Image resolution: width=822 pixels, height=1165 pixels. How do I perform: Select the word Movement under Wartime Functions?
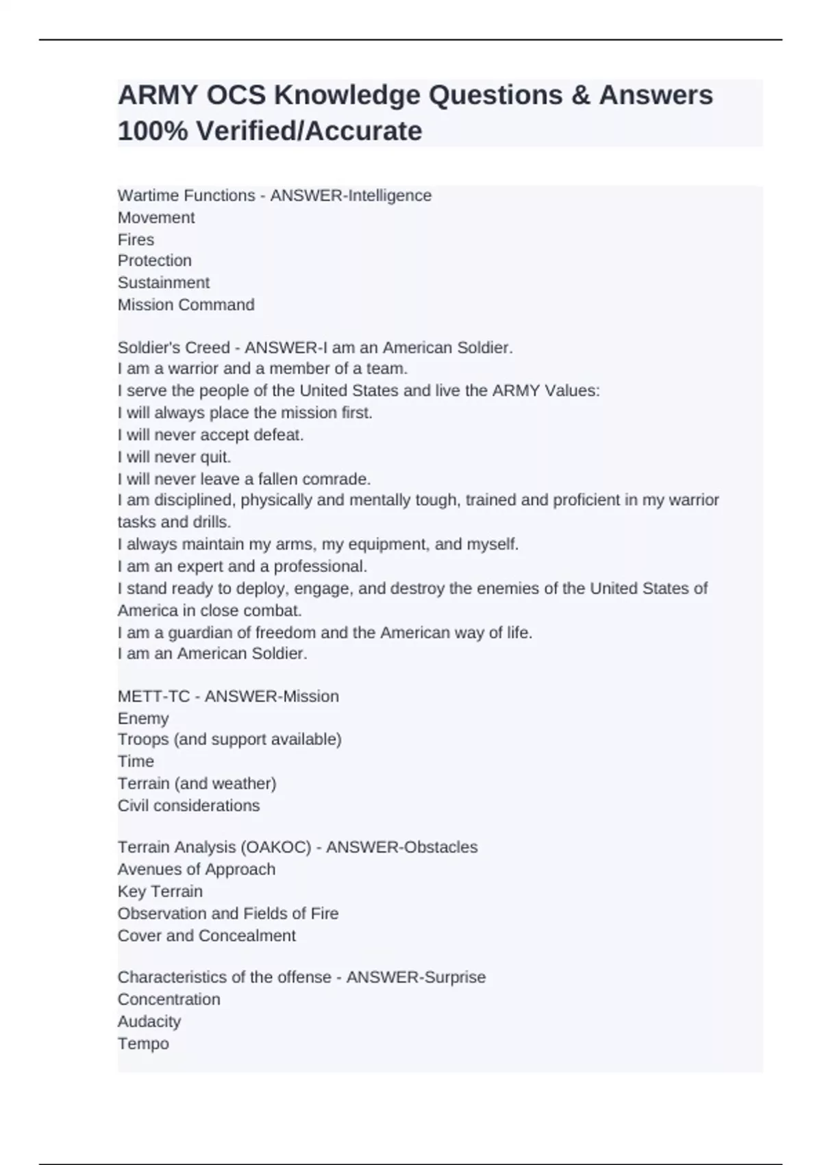pyautogui.click(x=156, y=218)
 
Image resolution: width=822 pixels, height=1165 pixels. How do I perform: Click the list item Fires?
pyautogui.click(x=136, y=240)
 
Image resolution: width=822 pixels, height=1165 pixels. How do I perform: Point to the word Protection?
pyautogui.click(x=155, y=261)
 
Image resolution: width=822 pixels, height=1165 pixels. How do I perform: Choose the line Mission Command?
pyautogui.click(x=186, y=305)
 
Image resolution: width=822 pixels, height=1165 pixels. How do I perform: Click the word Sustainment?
pyautogui.click(x=164, y=283)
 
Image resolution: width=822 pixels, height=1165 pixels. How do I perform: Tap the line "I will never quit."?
pyautogui.click(x=174, y=457)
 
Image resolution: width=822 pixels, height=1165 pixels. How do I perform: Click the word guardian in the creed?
pyautogui.click(x=200, y=633)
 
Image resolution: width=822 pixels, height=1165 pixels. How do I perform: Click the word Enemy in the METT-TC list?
pyautogui.click(x=143, y=719)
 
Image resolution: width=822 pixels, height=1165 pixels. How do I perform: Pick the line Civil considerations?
pyautogui.click(x=188, y=806)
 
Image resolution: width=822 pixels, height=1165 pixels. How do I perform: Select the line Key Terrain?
pyautogui.click(x=160, y=892)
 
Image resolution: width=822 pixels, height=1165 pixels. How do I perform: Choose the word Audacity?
pyautogui.click(x=149, y=1022)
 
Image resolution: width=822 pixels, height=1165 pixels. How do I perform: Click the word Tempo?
pyautogui.click(x=143, y=1044)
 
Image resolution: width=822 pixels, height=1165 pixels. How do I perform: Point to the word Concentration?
pyautogui.click(x=169, y=1000)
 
